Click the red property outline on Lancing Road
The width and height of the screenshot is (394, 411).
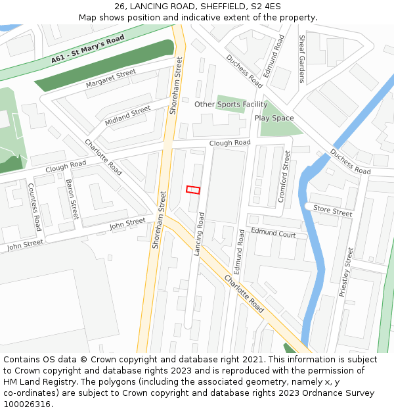(193, 189)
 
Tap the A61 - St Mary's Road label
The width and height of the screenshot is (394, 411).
(88, 50)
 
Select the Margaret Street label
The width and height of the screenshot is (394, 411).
(110, 79)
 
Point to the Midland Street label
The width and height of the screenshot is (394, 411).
(127, 116)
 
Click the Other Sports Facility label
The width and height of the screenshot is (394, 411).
(230, 104)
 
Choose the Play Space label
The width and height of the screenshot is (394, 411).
(274, 118)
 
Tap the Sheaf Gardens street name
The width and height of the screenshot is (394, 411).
(302, 59)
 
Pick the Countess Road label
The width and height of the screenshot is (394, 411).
(34, 206)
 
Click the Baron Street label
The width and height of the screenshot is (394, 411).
(72, 199)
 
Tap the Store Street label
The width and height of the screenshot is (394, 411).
(332, 211)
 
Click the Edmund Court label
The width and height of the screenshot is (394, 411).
(273, 233)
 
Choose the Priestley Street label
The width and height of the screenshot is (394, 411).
(346, 272)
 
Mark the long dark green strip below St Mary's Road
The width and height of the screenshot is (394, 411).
(105, 66)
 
